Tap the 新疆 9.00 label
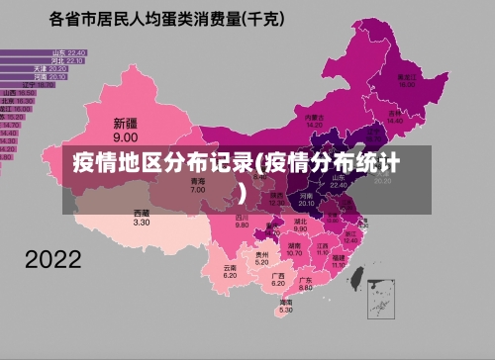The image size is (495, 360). [x=125, y=130]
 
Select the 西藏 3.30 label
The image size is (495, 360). [x=142, y=218]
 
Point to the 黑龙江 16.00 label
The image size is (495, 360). [x=406, y=80]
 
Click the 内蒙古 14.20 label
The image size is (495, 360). [x=314, y=120]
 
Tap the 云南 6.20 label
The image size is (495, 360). [x=230, y=271]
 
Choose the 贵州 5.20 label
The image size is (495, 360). [x=261, y=258]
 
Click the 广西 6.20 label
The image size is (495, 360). [x=278, y=280]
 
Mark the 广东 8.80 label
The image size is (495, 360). [x=306, y=283]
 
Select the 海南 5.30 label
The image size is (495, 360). [x=285, y=307]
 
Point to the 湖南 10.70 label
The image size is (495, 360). [x=294, y=249]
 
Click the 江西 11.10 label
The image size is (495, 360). [x=322, y=248]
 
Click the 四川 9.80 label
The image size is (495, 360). [x=242, y=222]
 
